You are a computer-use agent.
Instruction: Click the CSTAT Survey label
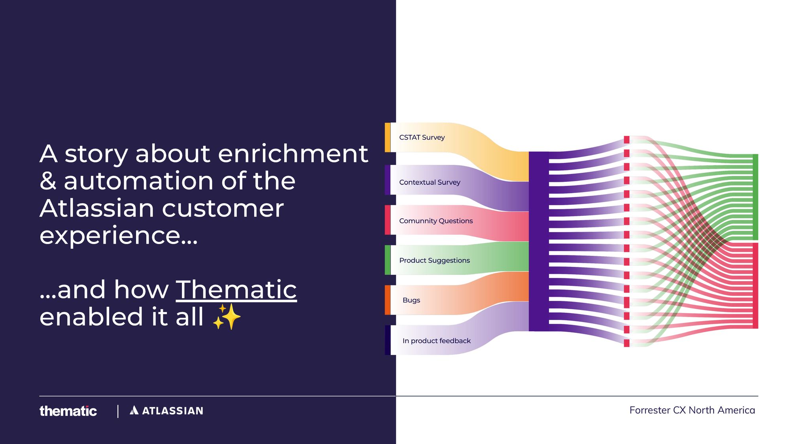tap(422, 138)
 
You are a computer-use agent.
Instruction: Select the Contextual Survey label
tap(430, 182)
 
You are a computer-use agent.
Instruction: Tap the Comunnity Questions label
tap(436, 221)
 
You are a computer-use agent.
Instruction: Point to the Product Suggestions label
tap(434, 261)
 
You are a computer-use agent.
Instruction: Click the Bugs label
tap(411, 300)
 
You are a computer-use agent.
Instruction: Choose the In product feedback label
tap(436, 341)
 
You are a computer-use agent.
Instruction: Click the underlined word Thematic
tap(236, 290)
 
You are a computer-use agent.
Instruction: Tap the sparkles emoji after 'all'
tap(227, 317)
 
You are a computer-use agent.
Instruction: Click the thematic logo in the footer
tap(68, 411)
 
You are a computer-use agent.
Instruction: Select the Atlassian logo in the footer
tap(167, 411)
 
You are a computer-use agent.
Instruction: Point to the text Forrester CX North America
tap(692, 410)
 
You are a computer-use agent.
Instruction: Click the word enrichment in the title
tap(293, 154)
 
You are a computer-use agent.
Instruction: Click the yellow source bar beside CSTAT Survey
tap(388, 138)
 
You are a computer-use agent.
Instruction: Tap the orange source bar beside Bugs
tap(388, 300)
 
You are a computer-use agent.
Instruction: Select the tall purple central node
tap(539, 241)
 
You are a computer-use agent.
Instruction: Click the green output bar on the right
tap(755, 197)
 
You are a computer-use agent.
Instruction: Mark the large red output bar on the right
tap(755, 285)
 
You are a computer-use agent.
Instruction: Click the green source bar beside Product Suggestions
tap(388, 260)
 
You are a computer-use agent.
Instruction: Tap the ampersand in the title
tap(48, 181)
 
